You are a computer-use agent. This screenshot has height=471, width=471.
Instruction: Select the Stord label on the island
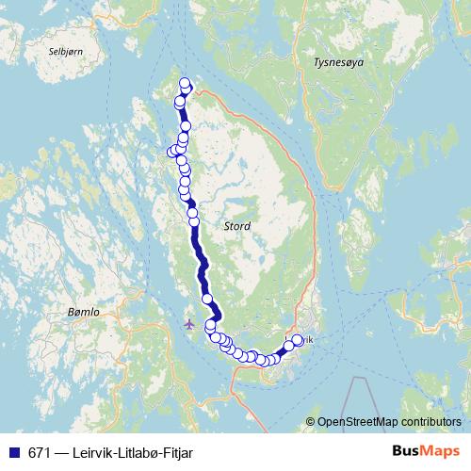click(237, 226)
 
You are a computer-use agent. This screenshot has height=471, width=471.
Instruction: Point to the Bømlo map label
click(84, 310)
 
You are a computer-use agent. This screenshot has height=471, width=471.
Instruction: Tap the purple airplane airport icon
click(189, 323)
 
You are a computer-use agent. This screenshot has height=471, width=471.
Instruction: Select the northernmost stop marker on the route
click(185, 83)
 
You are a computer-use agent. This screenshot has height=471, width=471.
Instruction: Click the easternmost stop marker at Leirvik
click(298, 340)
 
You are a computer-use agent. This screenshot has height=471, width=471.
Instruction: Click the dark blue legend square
click(13, 453)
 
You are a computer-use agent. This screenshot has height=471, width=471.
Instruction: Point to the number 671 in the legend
click(38, 453)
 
